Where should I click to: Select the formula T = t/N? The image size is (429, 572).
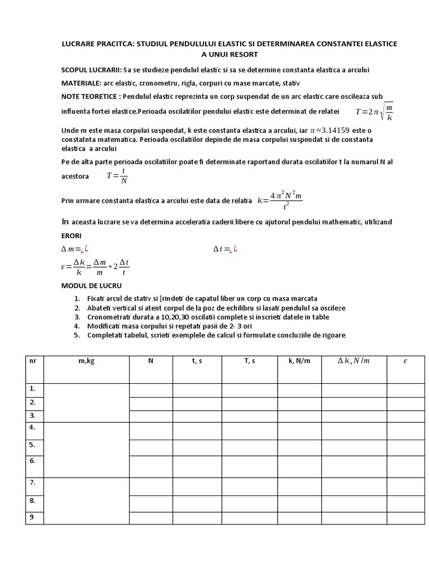(117, 176)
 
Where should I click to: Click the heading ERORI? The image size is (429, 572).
(71, 236)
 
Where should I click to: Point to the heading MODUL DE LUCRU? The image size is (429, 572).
(87, 285)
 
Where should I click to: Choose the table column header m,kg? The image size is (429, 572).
(87, 361)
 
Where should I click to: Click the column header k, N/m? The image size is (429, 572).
(299, 361)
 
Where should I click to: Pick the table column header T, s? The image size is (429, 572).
(249, 361)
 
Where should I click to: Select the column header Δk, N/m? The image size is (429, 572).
(353, 361)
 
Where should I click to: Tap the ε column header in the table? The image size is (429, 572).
(406, 361)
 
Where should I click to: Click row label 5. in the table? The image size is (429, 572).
(32, 445)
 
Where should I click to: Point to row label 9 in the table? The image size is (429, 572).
(32, 517)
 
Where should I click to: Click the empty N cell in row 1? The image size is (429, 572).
(150, 389)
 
